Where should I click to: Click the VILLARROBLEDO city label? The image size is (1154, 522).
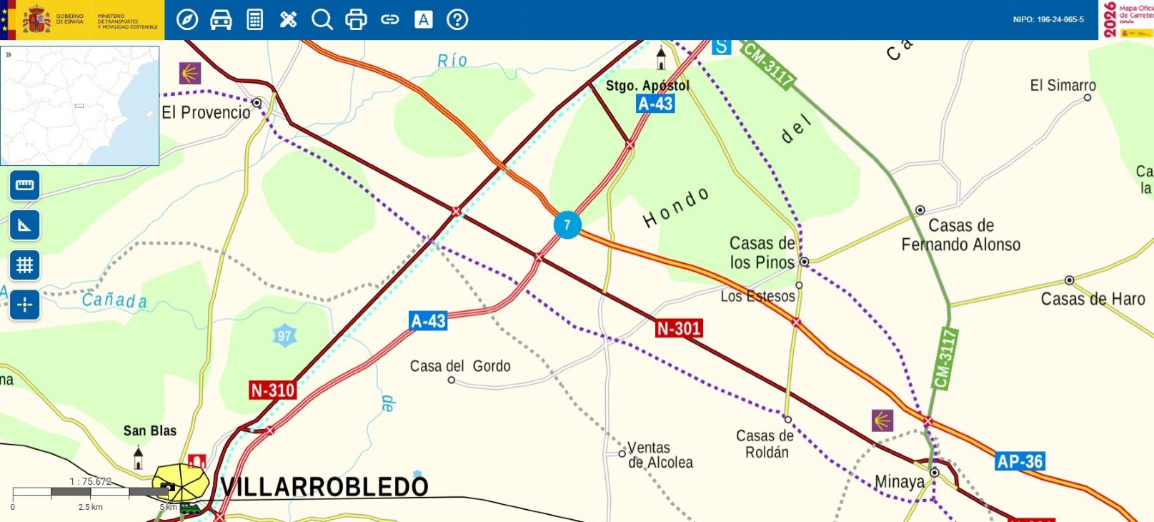[x=324, y=487]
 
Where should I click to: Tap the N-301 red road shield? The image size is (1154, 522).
[x=679, y=328]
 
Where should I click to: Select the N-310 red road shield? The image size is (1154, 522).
[x=272, y=390]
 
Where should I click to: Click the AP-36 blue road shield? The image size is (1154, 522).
[x=1020, y=461]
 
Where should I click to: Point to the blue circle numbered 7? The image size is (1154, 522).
[x=567, y=225]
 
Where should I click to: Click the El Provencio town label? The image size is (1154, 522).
[x=206, y=112]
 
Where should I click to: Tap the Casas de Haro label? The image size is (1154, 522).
[x=1093, y=299]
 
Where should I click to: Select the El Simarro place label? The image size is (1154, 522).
[x=1063, y=85]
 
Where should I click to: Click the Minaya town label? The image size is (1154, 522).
[x=899, y=482]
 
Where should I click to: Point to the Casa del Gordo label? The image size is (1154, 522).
[x=460, y=366]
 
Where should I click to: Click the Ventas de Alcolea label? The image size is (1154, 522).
[x=660, y=455]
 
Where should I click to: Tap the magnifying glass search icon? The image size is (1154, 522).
[x=322, y=19]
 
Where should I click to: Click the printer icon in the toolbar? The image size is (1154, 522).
[x=356, y=19]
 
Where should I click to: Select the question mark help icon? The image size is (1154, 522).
[x=457, y=19]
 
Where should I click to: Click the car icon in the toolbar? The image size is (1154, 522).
[x=221, y=19]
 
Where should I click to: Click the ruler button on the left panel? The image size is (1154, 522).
[x=25, y=185]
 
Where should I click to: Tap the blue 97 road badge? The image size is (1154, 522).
[x=284, y=336]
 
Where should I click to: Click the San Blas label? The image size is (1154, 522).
[x=149, y=430]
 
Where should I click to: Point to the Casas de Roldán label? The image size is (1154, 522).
[x=765, y=443]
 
